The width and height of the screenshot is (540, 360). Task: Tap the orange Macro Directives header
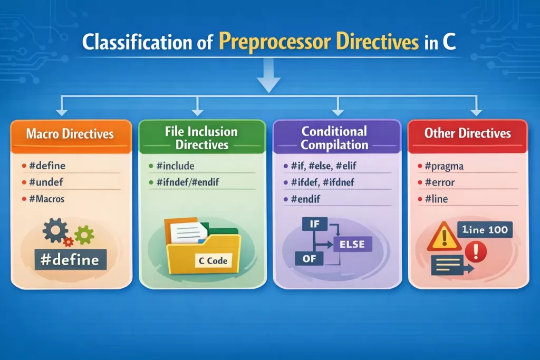pyautogui.click(x=71, y=134)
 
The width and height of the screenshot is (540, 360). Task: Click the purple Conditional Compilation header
pyautogui.click(x=334, y=137)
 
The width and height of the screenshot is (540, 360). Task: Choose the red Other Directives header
pyautogui.click(x=467, y=133)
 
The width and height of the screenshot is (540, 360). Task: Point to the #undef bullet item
pyautogui.click(x=46, y=182)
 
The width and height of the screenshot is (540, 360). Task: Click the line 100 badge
pyautogui.click(x=484, y=230)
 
